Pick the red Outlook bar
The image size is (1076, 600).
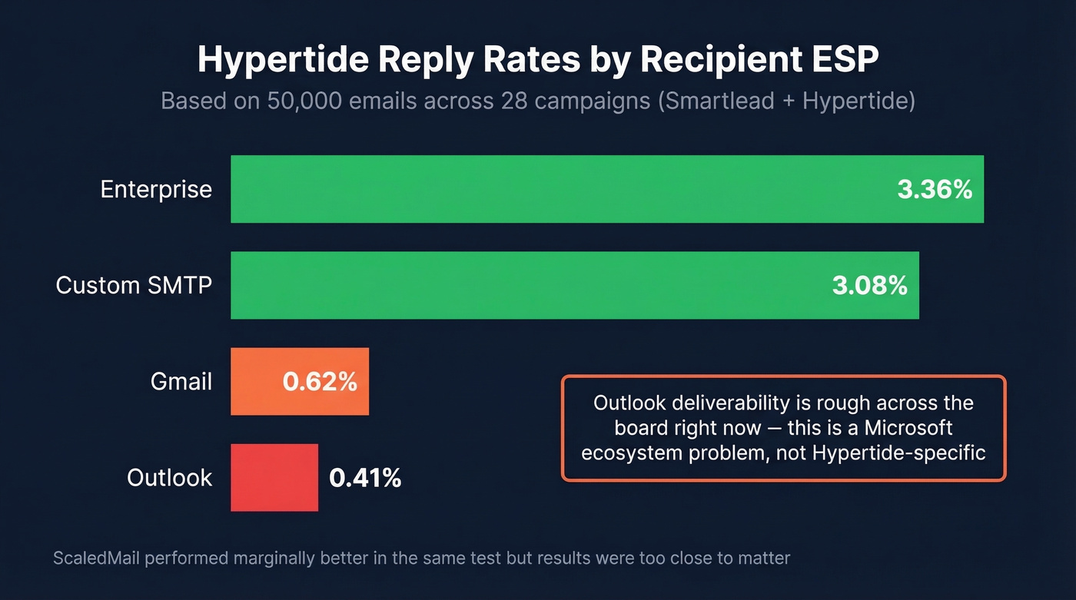274,477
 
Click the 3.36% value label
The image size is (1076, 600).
935,190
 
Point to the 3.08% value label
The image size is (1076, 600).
869,286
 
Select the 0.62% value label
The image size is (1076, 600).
320,382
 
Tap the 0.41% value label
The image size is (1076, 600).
365,478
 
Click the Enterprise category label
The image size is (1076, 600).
156,190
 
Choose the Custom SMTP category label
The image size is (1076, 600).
134,286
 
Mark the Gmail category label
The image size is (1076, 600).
181,381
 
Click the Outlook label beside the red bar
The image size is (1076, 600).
169,478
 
